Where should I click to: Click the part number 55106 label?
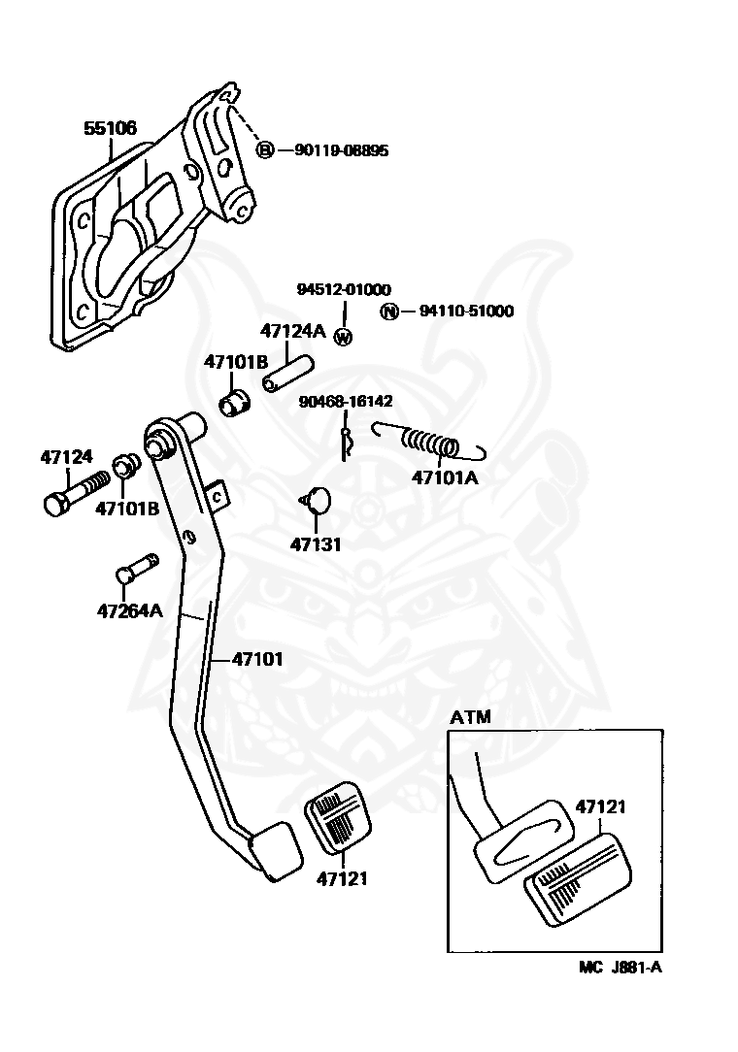pos(110,127)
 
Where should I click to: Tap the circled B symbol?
pos(265,149)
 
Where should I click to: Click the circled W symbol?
pos(343,337)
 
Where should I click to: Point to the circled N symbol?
pos(388,312)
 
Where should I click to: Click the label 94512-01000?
pos(344,289)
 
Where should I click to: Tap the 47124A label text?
pos(293,331)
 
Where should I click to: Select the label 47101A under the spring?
pos(445,477)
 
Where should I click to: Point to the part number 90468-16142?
pos(346,401)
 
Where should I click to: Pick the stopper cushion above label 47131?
pos(317,500)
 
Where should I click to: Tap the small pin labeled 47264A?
pos(136,569)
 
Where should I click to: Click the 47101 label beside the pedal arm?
pos(257,660)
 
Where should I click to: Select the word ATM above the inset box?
pos(470,717)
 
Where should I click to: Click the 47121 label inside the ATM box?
pos(600,806)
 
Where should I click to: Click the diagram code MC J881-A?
pos(621,967)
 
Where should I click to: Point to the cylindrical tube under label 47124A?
pos(288,373)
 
